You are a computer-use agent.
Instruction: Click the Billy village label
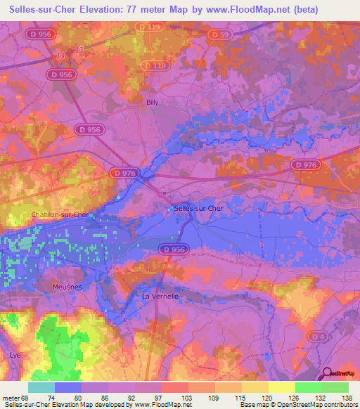[x=153, y=102]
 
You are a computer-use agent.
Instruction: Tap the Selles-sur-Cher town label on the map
[x=198, y=208]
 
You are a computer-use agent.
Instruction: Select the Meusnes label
[x=67, y=287]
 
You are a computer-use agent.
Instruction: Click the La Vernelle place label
[x=160, y=296]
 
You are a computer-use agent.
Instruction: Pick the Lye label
[x=15, y=355]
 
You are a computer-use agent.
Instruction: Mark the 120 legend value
[x=267, y=397]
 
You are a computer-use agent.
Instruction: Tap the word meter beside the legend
[x=11, y=397]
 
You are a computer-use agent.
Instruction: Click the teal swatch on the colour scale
[x=41, y=387]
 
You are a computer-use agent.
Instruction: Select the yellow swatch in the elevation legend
[x=281, y=387]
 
